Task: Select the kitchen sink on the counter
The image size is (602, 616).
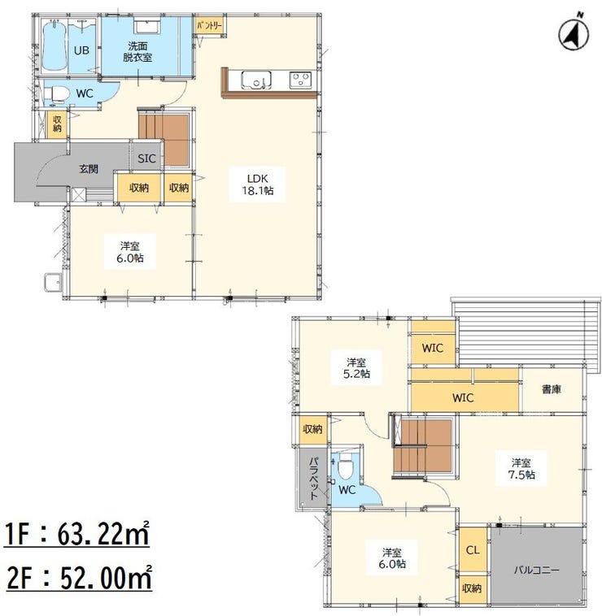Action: [x=256, y=80]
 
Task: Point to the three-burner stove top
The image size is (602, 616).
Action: [x=301, y=80]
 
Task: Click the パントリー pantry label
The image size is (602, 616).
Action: [x=210, y=26]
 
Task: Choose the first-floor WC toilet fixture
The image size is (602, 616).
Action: [x=55, y=95]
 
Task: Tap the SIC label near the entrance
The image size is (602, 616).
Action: [x=146, y=158]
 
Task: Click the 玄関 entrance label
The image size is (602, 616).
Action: [x=89, y=169]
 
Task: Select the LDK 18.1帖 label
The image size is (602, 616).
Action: [x=258, y=184]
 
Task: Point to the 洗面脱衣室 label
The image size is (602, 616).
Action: [x=137, y=52]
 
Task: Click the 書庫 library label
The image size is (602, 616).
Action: [x=552, y=389]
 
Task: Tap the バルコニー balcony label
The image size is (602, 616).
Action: [x=537, y=570]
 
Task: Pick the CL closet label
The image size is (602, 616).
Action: [x=473, y=550]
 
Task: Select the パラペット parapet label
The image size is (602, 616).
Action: [x=313, y=478]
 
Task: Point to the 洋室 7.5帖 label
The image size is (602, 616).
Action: [x=521, y=469]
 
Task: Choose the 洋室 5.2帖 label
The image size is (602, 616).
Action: [x=356, y=367]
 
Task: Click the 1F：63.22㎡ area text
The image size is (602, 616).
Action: [x=77, y=533]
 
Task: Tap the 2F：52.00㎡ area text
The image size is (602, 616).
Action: [x=79, y=578]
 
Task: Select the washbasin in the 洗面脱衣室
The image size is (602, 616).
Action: [x=147, y=24]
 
